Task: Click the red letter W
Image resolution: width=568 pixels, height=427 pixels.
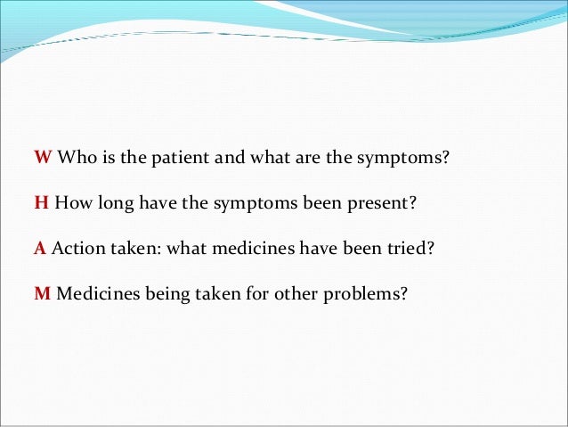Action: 43,158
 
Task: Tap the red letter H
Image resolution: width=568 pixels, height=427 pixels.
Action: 41,202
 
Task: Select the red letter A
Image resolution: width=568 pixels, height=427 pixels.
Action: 40,247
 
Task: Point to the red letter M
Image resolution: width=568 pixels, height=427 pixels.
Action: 42,292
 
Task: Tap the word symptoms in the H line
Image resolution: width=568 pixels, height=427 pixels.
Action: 259,203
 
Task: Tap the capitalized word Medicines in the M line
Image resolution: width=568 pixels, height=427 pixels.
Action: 94,292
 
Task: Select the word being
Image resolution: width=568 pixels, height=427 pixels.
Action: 160,292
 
